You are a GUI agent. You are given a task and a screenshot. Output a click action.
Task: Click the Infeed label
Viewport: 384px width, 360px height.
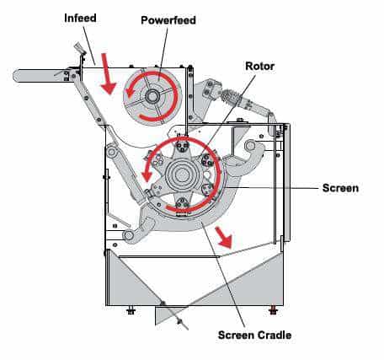point(80,18)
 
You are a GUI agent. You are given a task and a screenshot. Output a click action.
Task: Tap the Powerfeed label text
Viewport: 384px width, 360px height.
point(168,20)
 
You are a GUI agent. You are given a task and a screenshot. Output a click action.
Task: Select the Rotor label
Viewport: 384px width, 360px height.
point(260,67)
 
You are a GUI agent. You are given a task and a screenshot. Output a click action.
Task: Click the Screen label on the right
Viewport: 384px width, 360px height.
point(340,188)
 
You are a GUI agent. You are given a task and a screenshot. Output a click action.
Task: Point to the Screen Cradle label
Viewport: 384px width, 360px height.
point(254,335)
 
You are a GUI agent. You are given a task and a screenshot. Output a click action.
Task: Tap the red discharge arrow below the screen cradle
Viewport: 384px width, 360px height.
point(225,237)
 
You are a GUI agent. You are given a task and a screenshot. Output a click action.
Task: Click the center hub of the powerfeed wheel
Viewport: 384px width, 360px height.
point(152,96)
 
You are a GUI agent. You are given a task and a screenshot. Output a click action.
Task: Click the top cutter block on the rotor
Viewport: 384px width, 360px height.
point(182,145)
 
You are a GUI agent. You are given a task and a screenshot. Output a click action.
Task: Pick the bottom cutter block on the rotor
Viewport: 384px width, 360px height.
point(182,203)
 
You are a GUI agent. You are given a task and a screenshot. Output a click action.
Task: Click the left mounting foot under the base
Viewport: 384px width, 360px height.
point(131,310)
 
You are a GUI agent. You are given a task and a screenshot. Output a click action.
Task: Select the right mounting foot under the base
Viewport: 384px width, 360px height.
point(273,310)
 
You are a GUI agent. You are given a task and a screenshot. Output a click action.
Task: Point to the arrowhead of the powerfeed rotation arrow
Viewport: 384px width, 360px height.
point(129,91)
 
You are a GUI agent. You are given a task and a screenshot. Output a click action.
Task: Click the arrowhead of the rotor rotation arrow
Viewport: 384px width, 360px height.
point(147,176)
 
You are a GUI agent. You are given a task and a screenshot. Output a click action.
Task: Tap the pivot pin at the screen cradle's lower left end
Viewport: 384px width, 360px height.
point(129,234)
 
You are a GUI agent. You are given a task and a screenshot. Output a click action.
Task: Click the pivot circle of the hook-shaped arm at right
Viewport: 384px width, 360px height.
point(249,146)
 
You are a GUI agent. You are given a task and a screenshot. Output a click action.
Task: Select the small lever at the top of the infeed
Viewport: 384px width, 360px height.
point(79,48)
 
